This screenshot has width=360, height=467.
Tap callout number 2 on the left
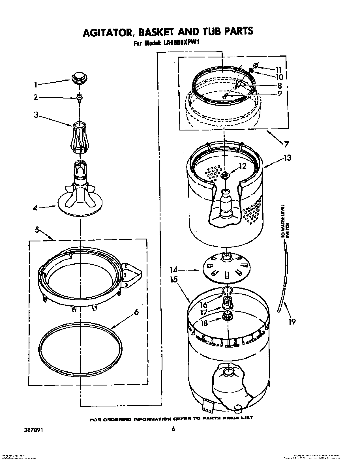click(x=35, y=97)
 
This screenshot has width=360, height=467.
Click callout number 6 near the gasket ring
click(x=136, y=312)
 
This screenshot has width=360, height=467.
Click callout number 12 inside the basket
click(x=243, y=166)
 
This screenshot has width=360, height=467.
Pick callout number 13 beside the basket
click(x=287, y=158)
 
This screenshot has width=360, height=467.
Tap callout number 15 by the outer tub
click(x=174, y=279)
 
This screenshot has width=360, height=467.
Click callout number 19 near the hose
click(x=292, y=321)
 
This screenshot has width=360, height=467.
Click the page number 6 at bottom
click(x=173, y=429)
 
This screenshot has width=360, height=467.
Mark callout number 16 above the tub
click(x=204, y=305)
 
